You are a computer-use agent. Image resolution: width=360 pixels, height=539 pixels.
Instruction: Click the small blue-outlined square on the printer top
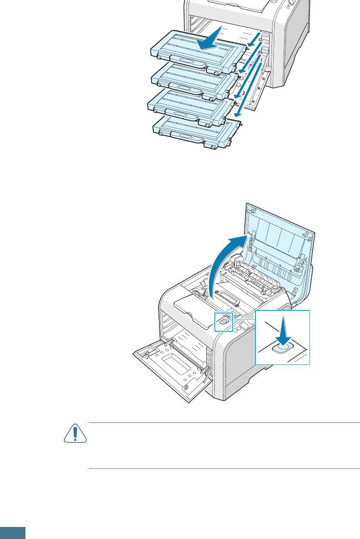point(223,322)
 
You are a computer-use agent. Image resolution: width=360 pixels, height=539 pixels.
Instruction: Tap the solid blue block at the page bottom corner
point(13,533)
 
